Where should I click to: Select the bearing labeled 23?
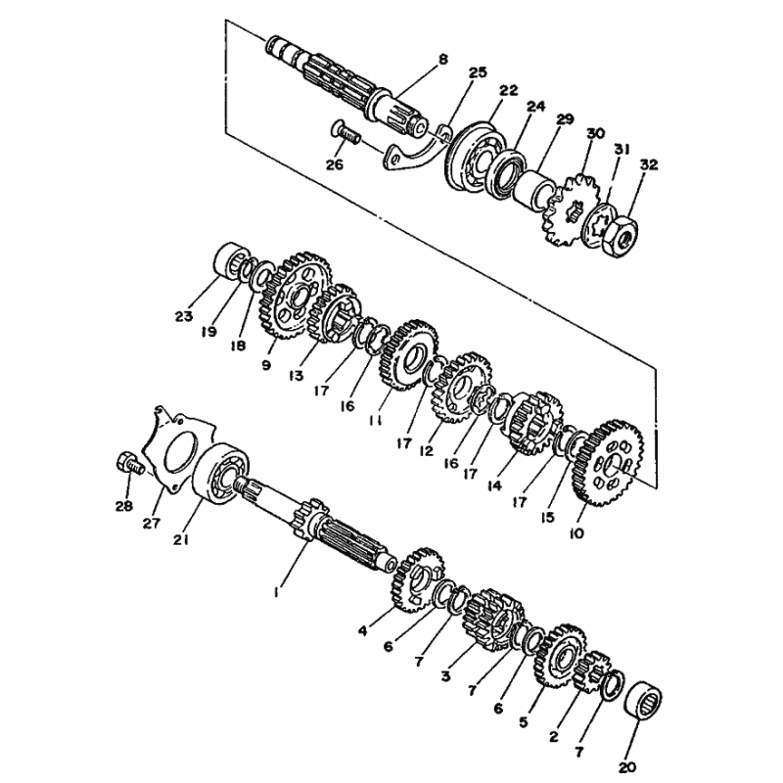pos(232,260)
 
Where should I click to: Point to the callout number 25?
pos(478,72)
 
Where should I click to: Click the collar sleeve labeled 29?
pos(534,187)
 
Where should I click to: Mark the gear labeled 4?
pos(412,580)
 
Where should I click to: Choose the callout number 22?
pos(510,91)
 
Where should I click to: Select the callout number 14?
pos(495,484)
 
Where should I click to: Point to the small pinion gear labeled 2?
pos(592,671)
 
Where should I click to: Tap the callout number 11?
pos(376,421)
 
